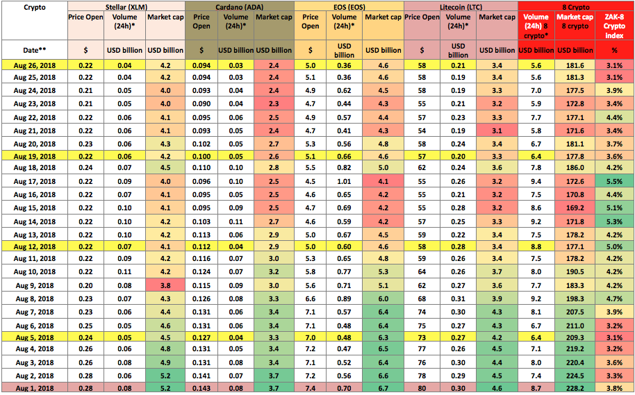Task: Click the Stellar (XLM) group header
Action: (126, 7)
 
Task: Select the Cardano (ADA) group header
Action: (240, 7)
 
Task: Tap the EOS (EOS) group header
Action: (349, 7)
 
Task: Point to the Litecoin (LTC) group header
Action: (461, 7)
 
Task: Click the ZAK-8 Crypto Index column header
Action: (614, 26)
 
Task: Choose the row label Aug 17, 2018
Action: (35, 182)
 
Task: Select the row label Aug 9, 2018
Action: (35, 286)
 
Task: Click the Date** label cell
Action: (35, 50)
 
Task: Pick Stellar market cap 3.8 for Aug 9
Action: (165, 286)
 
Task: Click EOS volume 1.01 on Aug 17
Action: (344, 182)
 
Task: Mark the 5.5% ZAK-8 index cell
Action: (614, 182)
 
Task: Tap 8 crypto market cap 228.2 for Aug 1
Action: (575, 388)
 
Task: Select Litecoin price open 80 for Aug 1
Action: (422, 388)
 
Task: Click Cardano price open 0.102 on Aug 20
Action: (201, 144)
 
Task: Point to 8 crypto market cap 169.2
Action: (575, 208)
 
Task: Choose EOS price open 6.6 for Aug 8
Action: (311, 299)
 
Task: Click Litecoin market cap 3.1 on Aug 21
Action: (497, 131)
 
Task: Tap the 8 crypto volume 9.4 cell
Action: (536, 182)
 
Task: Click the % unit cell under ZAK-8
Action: (614, 50)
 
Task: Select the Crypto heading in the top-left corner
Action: (35, 7)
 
